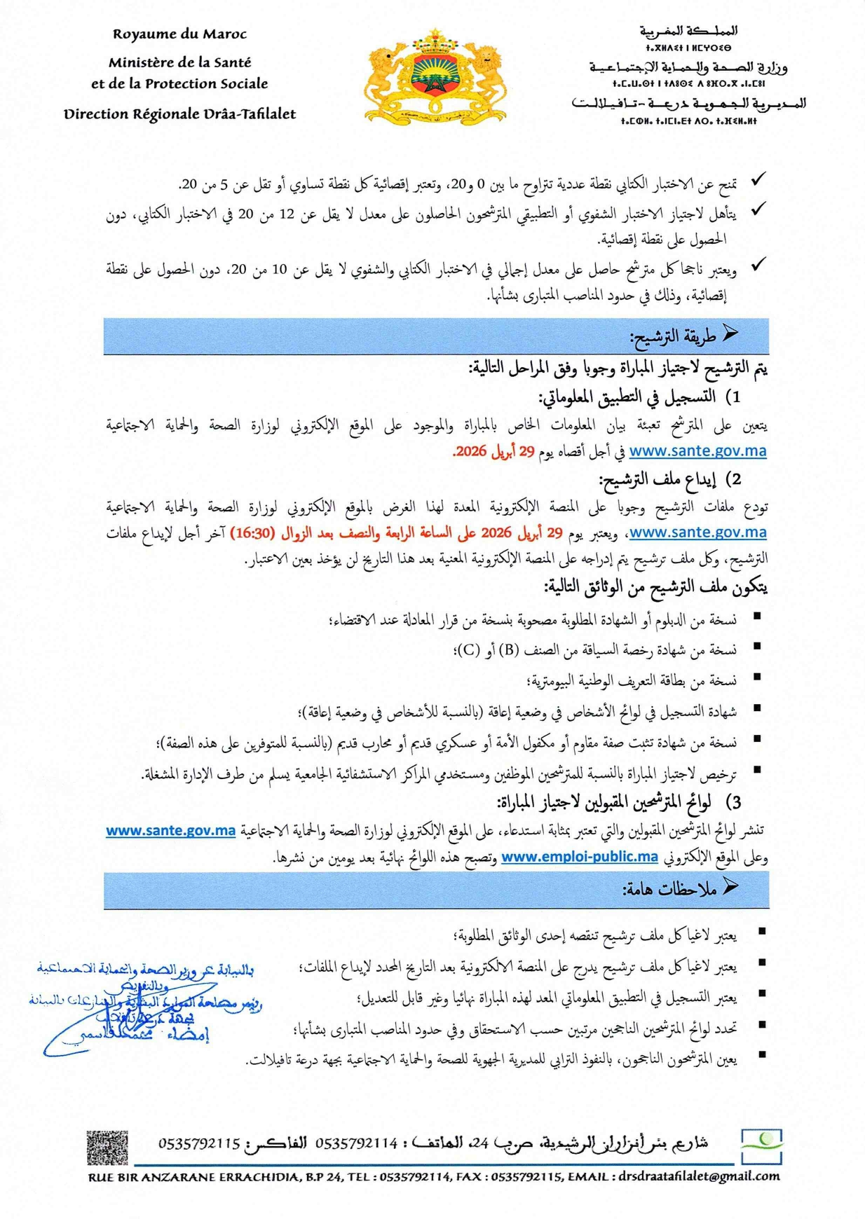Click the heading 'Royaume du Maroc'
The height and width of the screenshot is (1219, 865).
pos(179,34)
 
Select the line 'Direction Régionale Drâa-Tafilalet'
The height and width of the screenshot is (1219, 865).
pos(179,113)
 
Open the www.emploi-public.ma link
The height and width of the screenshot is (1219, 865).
pos(580,857)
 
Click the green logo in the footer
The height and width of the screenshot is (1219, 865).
pos(763,1147)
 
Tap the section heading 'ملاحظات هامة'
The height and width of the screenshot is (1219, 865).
pos(669,890)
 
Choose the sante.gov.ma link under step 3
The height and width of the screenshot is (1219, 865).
pos(170,831)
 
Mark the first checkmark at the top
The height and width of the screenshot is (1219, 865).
pos(758,181)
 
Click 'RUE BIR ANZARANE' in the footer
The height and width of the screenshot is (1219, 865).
pos(143,1178)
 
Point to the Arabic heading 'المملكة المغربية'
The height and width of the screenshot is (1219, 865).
pos(688,31)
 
